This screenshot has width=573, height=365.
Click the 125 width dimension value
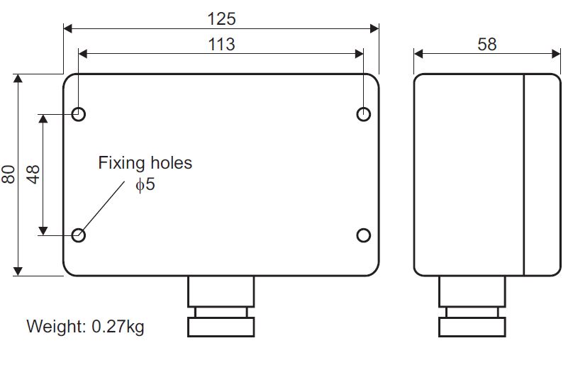221,17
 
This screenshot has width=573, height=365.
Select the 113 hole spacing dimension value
221,44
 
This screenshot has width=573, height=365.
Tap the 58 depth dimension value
486,44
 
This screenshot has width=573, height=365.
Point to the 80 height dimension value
9,174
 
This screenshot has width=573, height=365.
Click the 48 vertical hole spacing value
33,174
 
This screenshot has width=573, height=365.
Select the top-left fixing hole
79,113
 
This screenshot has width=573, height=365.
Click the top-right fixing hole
364,113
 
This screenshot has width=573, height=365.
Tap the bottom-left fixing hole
79,235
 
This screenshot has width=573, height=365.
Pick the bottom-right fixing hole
364,235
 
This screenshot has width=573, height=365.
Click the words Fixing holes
145,163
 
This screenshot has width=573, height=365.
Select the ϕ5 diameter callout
145,186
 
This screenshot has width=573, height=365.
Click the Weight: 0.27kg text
85,327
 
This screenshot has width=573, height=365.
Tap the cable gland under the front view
221,306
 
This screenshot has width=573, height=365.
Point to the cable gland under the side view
472,306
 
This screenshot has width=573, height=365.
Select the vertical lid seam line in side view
523,174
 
